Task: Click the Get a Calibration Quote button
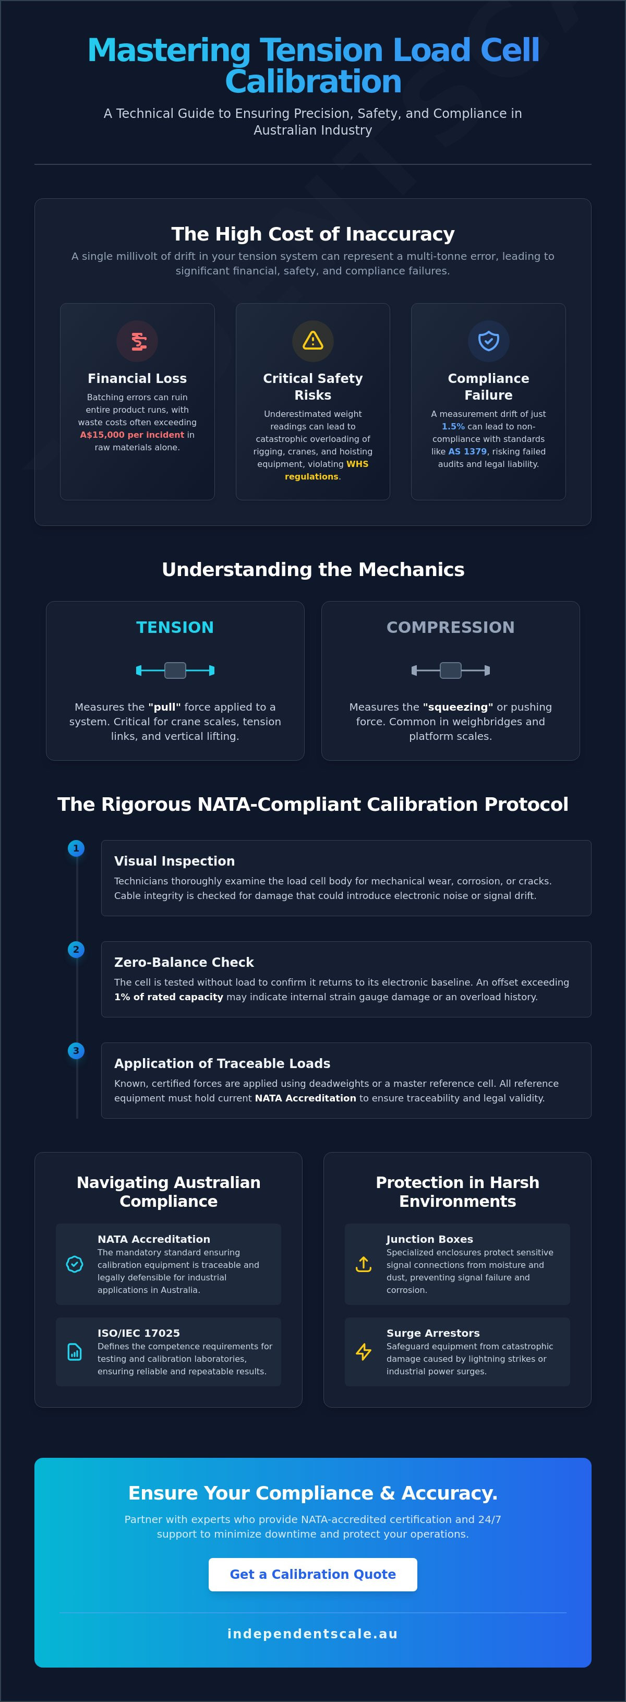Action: point(313,1575)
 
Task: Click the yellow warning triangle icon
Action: point(313,340)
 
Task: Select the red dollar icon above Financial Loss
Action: point(137,341)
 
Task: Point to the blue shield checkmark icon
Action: point(489,341)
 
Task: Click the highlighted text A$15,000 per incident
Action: point(132,435)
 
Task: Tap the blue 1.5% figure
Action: point(453,427)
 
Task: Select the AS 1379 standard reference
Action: point(467,452)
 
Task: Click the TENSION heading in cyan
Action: point(175,628)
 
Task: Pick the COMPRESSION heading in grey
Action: point(450,628)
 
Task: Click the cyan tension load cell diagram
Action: point(175,670)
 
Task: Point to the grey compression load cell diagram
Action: point(450,670)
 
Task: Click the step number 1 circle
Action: point(76,848)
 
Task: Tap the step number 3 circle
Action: point(76,1050)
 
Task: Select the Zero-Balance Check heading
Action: point(184,963)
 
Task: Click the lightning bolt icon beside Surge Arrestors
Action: point(364,1352)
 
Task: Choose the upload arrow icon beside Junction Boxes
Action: point(364,1264)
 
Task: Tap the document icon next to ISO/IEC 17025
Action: point(75,1352)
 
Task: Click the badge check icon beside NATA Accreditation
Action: point(75,1264)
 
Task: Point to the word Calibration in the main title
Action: point(313,82)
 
